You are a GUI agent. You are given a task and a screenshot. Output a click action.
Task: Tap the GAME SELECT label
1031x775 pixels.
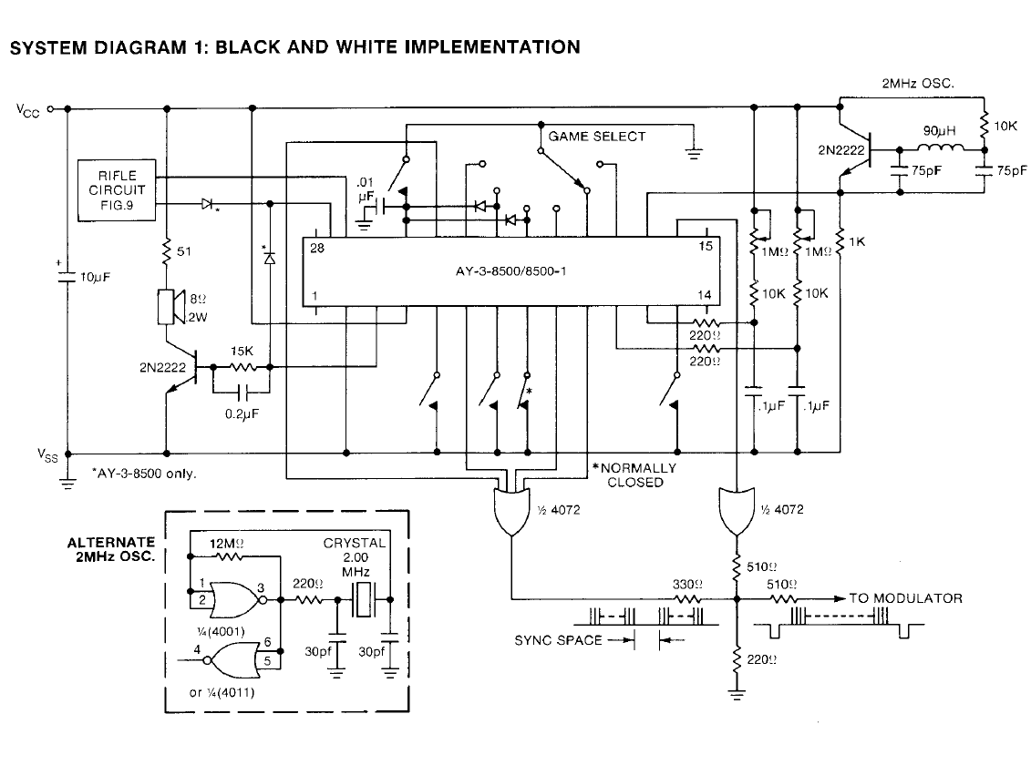[597, 137]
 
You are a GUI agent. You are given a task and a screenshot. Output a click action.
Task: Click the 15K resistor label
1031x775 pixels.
[242, 351]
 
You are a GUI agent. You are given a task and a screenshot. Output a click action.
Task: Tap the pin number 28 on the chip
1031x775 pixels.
[317, 248]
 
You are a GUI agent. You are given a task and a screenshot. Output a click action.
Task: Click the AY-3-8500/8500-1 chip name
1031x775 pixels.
[511, 271]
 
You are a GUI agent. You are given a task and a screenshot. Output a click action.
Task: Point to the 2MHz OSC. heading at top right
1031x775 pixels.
[917, 84]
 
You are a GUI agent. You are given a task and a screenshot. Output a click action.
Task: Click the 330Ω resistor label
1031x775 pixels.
[686, 584]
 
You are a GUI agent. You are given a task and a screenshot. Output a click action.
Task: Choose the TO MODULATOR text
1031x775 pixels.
[905, 598]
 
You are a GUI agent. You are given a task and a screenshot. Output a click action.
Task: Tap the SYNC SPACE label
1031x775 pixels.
[559, 640]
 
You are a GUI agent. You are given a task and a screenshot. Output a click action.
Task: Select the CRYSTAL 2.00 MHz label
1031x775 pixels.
[355, 556]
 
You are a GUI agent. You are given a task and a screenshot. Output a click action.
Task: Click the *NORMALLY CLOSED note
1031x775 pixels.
[635, 474]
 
